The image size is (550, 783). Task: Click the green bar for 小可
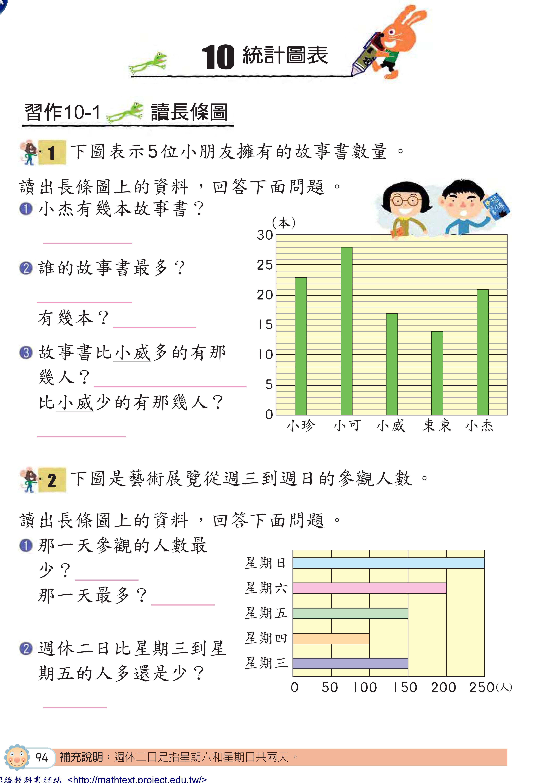click(x=346, y=331)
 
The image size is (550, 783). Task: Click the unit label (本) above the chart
click(x=283, y=223)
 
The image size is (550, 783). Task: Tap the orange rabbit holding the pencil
click(x=399, y=37)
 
